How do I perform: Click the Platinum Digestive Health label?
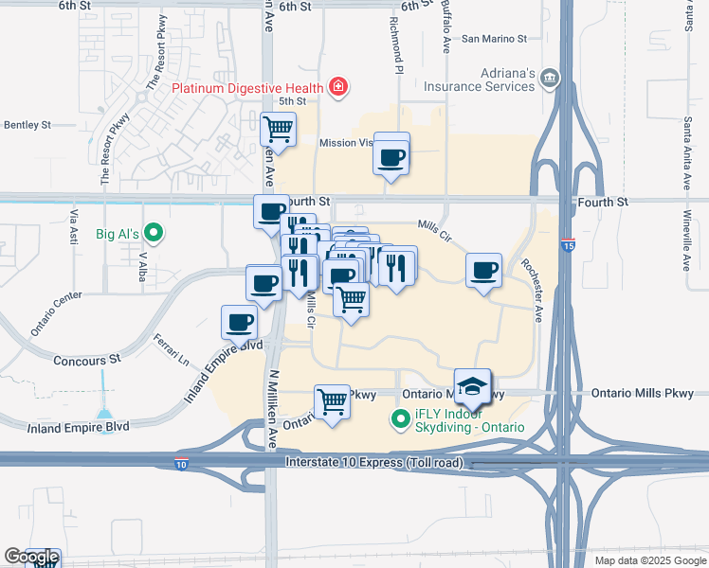247,89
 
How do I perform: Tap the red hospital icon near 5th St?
338,89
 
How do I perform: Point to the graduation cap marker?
472,386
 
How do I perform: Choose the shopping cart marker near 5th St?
279,128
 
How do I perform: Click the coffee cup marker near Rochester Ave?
484,271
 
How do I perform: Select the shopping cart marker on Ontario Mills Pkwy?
332,401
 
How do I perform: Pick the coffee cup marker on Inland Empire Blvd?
241,322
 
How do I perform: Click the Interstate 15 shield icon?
567,243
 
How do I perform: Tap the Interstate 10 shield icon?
181,464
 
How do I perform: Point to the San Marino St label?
493,39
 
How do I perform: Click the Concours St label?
87,361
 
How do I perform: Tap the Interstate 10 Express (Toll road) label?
363,461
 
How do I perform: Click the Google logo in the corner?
32,558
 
